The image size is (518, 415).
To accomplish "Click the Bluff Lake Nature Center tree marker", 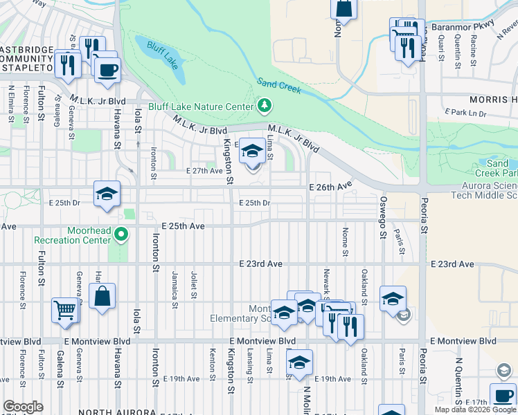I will point(263,106).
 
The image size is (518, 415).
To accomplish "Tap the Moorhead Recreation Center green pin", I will point(122,234).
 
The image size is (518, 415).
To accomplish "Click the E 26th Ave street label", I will point(331,187).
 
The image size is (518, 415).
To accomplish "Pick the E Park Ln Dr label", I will point(465,112).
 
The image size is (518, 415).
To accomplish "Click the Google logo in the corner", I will point(23,407).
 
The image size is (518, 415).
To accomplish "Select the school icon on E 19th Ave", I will point(299,362).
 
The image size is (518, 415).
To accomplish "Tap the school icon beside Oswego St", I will point(393,298).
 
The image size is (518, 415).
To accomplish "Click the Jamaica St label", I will point(175,285).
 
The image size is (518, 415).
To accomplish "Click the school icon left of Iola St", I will point(107,194).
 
